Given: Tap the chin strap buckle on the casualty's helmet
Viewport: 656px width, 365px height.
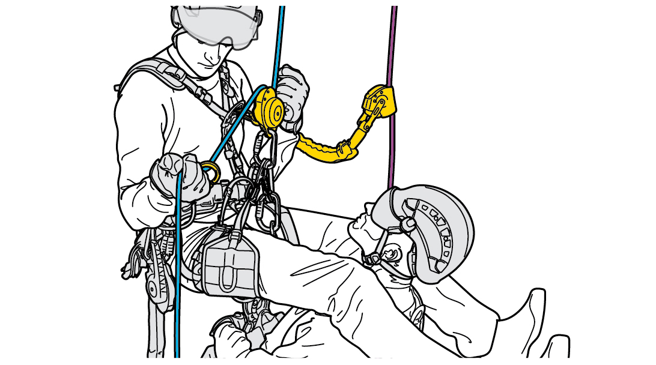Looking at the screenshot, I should pyautogui.click(x=371, y=259).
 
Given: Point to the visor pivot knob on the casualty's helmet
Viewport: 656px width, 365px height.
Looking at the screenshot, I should pyautogui.click(x=409, y=223).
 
